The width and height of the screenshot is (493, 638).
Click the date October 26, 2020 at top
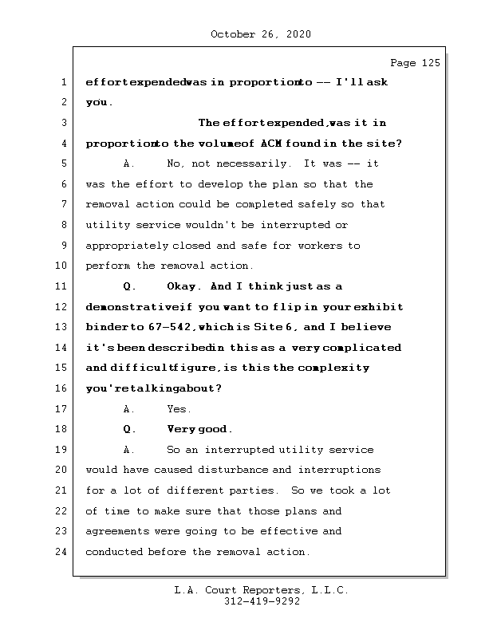pyautogui.click(x=260, y=34)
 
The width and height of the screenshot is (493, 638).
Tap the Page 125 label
pyautogui.click(x=415, y=63)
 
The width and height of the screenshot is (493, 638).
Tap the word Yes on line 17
pyautogui.click(x=179, y=409)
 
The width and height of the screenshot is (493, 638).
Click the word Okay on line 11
pyautogui.click(x=184, y=286)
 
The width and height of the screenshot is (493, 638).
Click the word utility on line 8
pyautogui.click(x=102, y=225)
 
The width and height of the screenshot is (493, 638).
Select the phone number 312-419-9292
pyautogui.click(x=262, y=602)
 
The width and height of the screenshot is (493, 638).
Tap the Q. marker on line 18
pyautogui.click(x=130, y=429)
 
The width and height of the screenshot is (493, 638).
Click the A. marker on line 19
pyautogui.click(x=130, y=450)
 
